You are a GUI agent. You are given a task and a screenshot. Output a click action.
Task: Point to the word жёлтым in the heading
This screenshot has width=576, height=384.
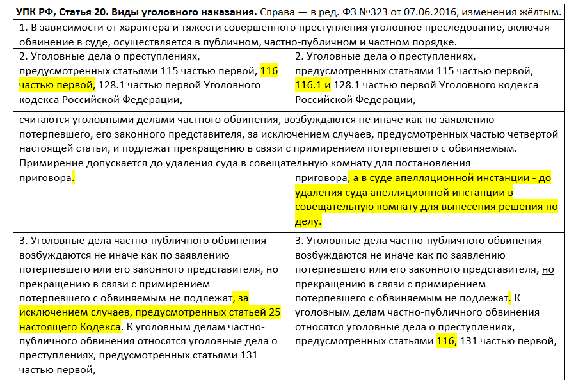click(540, 12)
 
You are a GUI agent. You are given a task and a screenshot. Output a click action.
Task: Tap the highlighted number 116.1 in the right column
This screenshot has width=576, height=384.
click(308, 85)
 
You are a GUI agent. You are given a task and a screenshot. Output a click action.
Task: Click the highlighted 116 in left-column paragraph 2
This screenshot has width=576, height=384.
click(269, 71)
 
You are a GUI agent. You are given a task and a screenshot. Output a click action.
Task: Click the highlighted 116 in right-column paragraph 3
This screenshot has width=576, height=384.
click(445, 341)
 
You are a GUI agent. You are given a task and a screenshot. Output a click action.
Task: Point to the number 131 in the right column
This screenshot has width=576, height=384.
click(470, 341)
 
